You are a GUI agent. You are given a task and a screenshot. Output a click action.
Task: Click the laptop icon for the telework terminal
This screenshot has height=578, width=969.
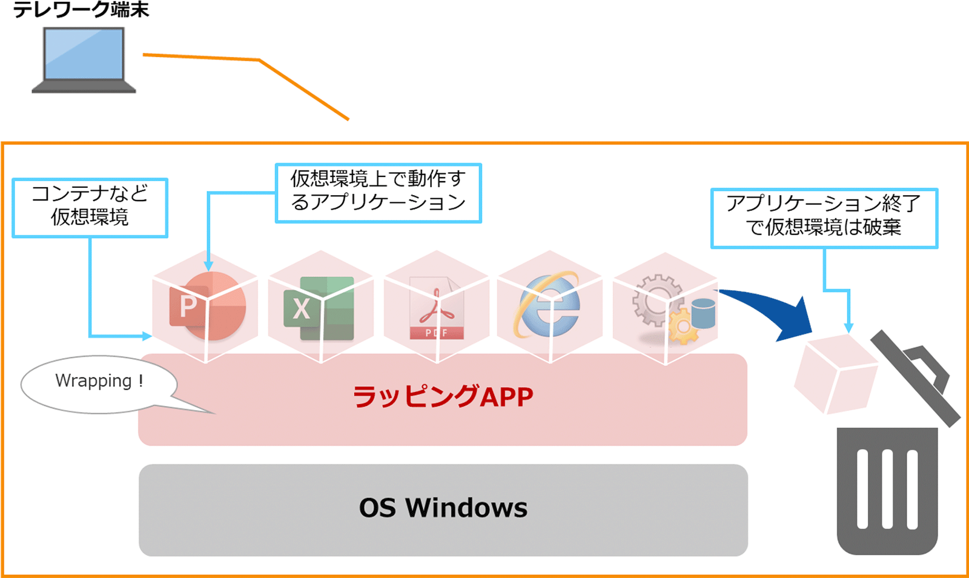[84, 61]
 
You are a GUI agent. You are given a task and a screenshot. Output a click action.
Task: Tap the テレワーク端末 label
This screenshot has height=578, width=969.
[81, 10]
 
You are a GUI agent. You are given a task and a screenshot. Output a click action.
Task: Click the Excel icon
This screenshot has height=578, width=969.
[319, 308]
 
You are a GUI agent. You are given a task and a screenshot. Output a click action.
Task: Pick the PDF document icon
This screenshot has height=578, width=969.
[437, 308]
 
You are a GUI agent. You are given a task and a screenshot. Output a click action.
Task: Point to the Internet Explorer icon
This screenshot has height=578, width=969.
[548, 305]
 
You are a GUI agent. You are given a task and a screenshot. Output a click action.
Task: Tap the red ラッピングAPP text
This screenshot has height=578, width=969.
[443, 397]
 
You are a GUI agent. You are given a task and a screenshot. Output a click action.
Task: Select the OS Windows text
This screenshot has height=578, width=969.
[443, 508]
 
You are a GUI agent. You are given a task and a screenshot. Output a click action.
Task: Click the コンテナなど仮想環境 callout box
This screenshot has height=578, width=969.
[90, 207]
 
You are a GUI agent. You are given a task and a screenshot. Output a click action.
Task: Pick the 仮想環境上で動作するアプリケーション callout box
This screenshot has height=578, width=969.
[379, 193]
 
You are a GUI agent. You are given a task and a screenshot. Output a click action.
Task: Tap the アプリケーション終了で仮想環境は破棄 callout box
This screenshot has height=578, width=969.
[824, 218]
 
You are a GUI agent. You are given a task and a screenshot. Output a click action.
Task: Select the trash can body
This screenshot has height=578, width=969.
[887, 491]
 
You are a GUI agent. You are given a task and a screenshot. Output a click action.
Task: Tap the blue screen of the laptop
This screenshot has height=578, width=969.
[84, 53]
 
